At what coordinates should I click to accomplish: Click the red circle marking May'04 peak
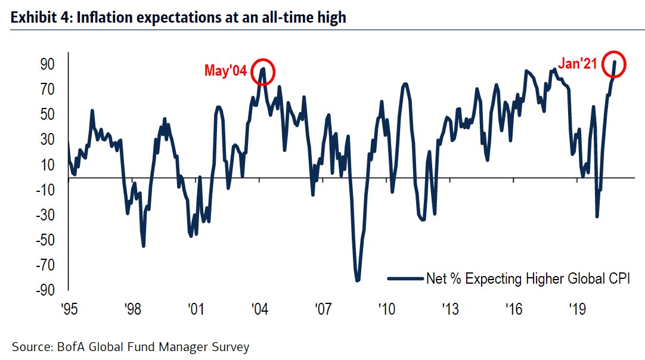[x=263, y=72]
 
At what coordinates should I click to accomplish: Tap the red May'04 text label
[x=226, y=70]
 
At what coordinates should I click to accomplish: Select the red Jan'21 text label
[x=577, y=64]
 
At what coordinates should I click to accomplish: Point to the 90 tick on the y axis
[x=48, y=64]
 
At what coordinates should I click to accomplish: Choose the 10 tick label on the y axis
[x=48, y=165]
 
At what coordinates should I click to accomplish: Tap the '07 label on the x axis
[x=322, y=310]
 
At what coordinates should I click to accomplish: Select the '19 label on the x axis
[x=576, y=310]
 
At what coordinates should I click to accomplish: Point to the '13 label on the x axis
[x=449, y=310]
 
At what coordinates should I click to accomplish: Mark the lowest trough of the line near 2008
[x=358, y=281]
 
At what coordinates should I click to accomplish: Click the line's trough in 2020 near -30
[x=597, y=216]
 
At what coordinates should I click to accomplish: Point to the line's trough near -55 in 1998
[x=144, y=245]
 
